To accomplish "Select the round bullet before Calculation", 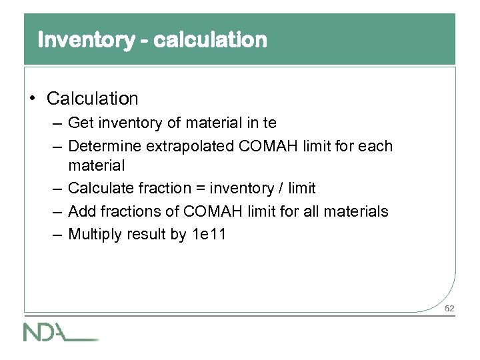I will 33,99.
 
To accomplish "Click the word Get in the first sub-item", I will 81,123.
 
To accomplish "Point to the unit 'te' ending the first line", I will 269,123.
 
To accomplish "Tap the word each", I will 377,145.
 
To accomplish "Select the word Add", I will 81,211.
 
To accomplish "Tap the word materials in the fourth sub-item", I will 356,211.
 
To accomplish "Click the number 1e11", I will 209,234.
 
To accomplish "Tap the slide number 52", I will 449,308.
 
